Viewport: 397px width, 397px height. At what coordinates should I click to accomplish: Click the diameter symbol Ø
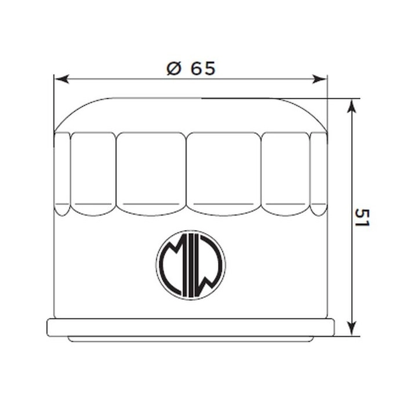click(174, 68)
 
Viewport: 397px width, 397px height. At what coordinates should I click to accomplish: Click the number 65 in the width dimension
click(203, 68)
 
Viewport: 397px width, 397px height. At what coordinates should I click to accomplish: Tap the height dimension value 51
click(362, 218)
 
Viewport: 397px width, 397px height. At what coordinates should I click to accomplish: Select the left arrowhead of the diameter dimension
click(62, 79)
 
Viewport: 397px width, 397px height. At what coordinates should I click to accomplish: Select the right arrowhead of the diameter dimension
click(319, 79)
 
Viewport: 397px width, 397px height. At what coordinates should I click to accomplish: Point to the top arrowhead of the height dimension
click(351, 106)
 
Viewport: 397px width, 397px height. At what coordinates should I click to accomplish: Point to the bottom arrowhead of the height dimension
click(351, 329)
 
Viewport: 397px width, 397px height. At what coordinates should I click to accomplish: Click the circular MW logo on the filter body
click(191, 265)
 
